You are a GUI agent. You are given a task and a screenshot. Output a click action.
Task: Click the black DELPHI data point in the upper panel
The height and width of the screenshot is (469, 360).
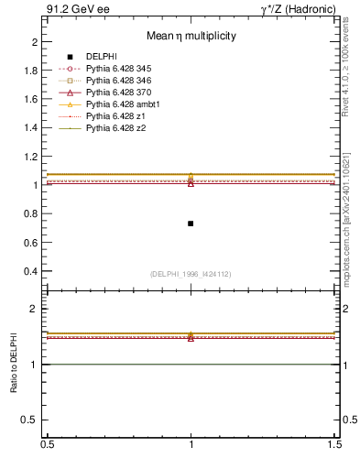pyautogui.click(x=191, y=224)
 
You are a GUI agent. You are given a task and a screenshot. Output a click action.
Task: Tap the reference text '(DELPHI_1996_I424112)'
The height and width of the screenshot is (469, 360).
pyautogui.click(x=191, y=273)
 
